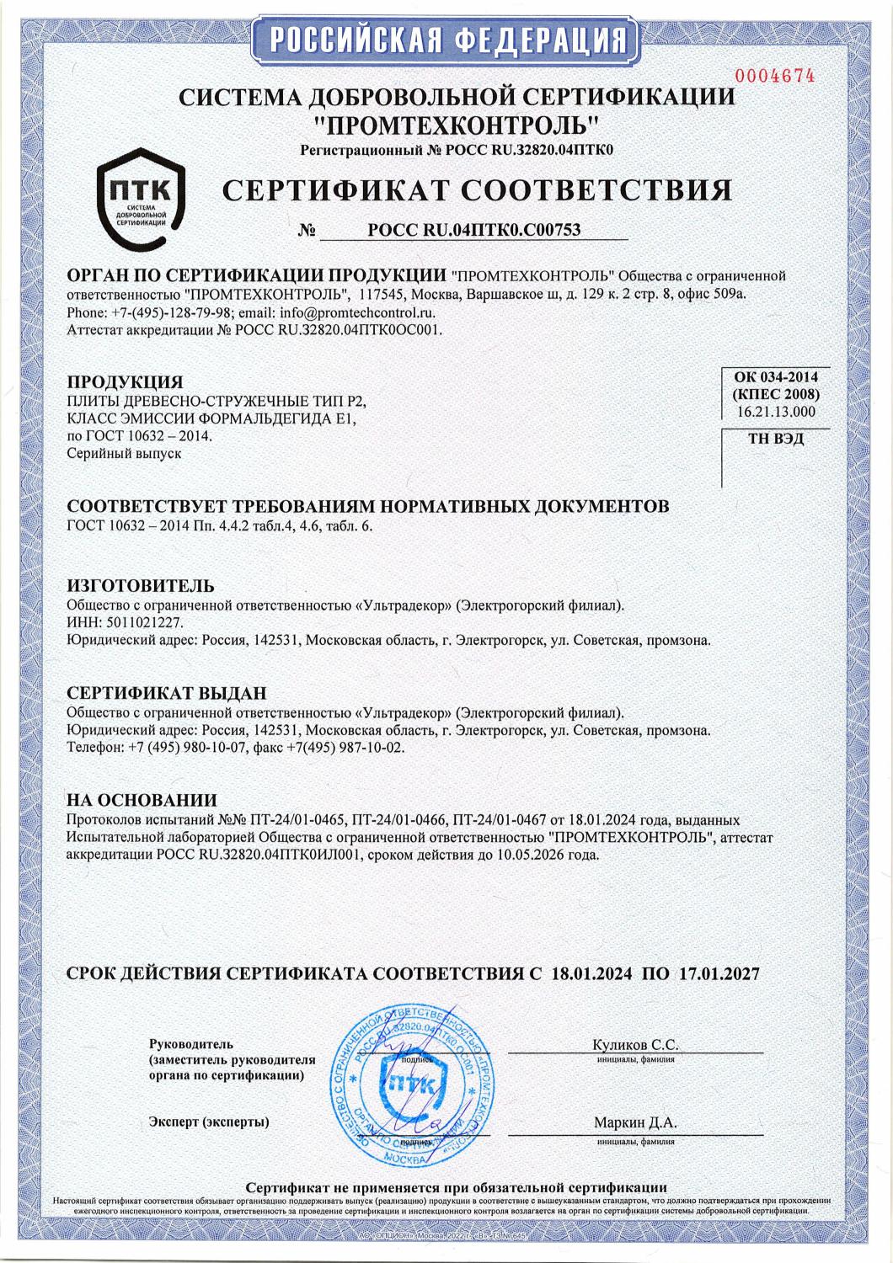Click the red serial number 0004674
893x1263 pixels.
[776, 76]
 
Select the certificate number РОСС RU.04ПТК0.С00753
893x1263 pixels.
[475, 230]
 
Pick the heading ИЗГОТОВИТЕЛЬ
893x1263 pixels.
[140, 585]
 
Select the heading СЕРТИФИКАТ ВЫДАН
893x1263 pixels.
[166, 693]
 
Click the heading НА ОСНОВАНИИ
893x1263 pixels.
[141, 800]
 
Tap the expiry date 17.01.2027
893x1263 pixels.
[715, 974]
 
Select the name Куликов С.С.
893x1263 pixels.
[635, 1045]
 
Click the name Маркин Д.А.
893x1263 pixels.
[635, 1122]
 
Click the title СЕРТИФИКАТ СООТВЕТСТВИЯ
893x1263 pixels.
[477, 190]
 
